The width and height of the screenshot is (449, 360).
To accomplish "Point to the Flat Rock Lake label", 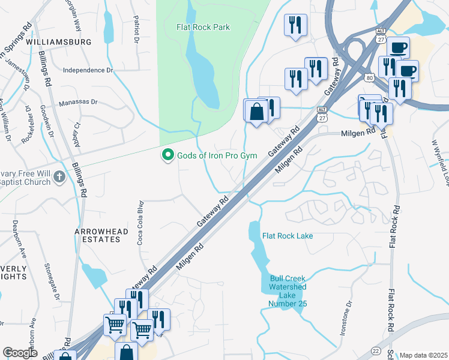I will [x=288, y=236].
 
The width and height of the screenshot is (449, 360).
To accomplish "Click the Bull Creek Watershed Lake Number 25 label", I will [x=288, y=292].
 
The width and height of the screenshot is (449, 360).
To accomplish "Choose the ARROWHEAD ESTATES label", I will [x=97, y=235].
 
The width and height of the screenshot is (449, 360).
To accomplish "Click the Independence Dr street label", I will [x=88, y=70].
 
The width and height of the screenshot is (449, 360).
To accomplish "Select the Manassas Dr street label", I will [x=78, y=103].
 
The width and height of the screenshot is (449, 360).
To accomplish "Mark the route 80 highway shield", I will [x=369, y=77].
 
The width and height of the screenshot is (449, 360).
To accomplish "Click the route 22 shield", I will [x=375, y=349].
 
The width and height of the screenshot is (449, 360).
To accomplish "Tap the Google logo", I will [x=20, y=353].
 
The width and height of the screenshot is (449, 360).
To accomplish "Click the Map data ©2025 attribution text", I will [x=423, y=355].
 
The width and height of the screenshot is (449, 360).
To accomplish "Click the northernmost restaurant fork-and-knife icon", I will [x=295, y=25].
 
